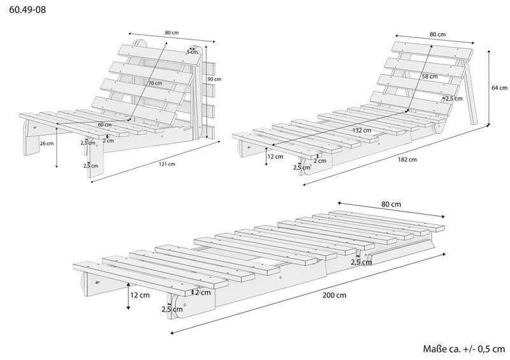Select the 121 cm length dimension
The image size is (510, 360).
(x=167, y=164)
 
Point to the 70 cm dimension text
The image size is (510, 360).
(x=154, y=83)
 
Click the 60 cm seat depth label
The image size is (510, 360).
(x=105, y=125)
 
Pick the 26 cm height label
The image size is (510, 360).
(x=46, y=144)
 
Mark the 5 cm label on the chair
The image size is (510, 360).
(x=192, y=51)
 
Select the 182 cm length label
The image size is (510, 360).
(x=408, y=160)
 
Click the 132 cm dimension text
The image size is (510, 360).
(x=361, y=131)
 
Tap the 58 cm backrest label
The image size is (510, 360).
(x=430, y=76)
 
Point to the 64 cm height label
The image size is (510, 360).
(x=500, y=88)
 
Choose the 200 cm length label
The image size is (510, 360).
(x=335, y=295)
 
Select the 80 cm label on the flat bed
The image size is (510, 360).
(x=391, y=205)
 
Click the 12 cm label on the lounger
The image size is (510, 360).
(x=275, y=156)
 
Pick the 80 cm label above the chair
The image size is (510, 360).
(x=171, y=32)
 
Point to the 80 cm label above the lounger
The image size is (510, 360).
(x=437, y=34)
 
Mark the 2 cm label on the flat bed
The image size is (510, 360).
(x=203, y=292)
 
